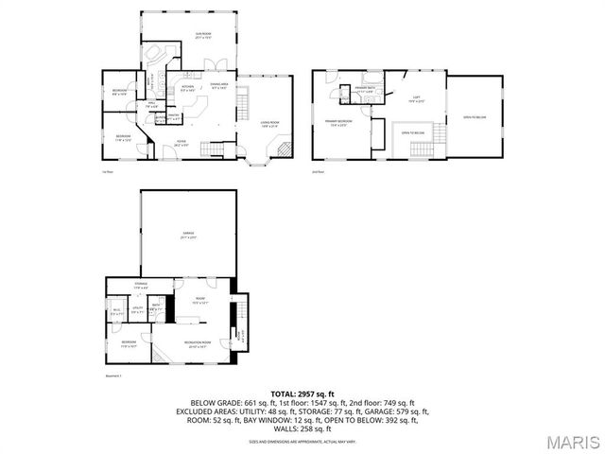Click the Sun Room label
click(x=202, y=34)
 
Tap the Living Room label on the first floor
click(x=269, y=124)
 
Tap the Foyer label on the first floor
click(x=181, y=144)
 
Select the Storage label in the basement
click(x=141, y=285)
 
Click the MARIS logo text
click(x=577, y=441)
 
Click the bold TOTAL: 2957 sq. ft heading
click(x=302, y=393)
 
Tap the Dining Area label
click(x=219, y=86)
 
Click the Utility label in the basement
click(x=138, y=308)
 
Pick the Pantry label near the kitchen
click(x=173, y=117)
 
